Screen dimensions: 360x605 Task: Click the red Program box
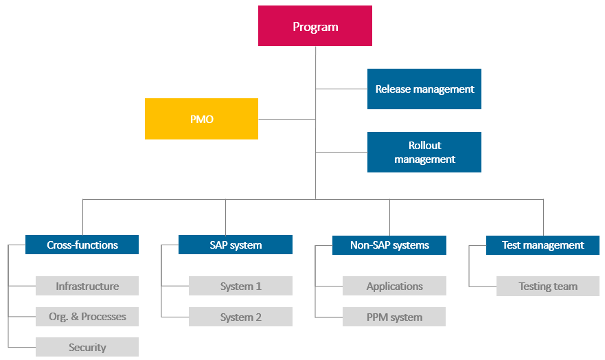[315, 26]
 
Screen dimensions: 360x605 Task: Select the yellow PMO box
[201, 119]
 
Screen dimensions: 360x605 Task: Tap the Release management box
[424, 89]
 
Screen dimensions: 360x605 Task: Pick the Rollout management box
[424, 152]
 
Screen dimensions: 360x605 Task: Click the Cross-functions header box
[82, 245]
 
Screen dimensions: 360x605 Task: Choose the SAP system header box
[236, 245]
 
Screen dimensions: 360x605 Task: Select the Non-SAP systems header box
[389, 245]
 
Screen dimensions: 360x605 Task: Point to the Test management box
[543, 245]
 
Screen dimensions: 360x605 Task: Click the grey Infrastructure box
[87, 286]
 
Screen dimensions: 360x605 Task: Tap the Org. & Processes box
[87, 317]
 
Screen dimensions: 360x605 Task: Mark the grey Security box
[87, 347]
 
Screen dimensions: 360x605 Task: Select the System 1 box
[240, 286]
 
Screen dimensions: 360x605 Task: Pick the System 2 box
[240, 317]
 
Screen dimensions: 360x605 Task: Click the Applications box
[394, 286]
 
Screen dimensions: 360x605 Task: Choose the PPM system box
[394, 317]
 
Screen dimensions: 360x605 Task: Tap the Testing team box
[548, 286]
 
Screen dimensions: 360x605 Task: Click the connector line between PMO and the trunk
[286, 119]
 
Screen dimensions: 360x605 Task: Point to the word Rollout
[424, 145]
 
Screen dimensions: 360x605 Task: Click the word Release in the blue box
[393, 89]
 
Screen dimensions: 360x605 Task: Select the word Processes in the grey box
[104, 317]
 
